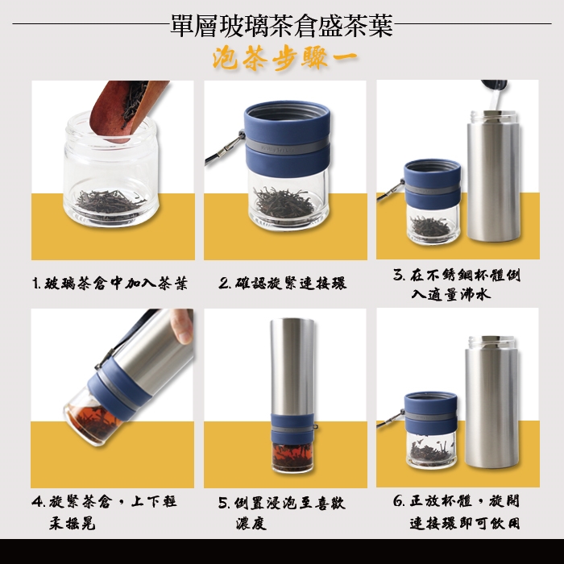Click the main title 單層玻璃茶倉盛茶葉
(282, 25)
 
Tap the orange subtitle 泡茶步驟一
(285, 59)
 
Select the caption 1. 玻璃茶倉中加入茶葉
(110, 284)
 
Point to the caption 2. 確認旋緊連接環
(283, 283)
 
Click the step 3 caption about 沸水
(457, 285)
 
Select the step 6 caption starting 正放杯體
(457, 512)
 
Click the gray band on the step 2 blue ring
(288, 149)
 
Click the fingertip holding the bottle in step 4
(184, 326)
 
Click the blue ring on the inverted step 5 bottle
(292, 428)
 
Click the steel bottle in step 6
(491, 402)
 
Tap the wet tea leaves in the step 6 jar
(431, 450)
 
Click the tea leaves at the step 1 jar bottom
(109, 202)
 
